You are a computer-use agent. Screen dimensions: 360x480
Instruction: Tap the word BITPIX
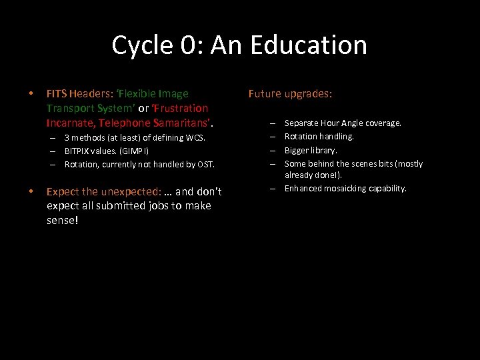77,151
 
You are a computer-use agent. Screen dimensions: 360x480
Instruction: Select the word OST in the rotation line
205,164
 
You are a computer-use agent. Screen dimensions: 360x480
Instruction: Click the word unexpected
127,191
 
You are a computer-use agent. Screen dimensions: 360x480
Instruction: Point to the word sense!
63,219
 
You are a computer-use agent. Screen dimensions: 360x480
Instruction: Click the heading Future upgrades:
290,93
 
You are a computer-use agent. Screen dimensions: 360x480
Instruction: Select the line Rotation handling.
319,137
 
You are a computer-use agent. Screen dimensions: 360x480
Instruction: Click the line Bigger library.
311,150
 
